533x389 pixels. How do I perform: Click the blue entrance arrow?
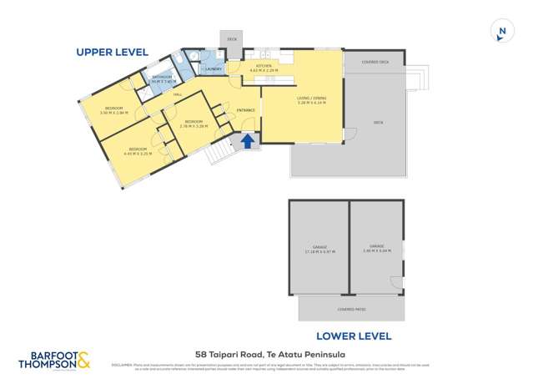247,142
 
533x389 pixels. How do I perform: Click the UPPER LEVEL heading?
112,52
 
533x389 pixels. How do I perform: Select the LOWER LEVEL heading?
354,336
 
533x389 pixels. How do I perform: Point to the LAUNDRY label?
213,68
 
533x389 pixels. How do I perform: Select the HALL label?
178,94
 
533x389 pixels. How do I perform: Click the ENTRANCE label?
245,110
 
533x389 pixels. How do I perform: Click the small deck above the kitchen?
231,38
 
